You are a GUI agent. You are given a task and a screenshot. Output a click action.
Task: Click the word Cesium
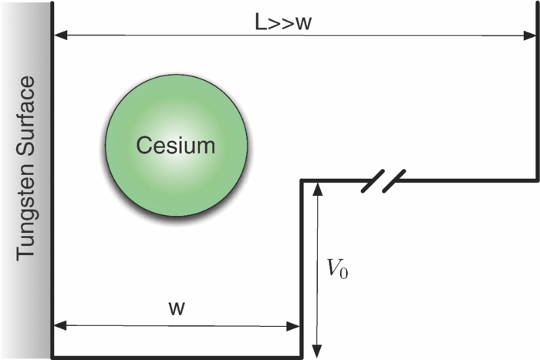click(176, 144)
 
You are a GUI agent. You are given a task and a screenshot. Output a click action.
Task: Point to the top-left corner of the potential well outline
click(52, 4)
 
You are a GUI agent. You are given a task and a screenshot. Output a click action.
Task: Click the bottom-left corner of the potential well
click(52, 357)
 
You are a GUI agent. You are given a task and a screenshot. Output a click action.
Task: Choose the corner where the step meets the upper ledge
click(302, 180)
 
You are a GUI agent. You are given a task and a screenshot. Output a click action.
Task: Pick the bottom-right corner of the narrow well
click(302, 357)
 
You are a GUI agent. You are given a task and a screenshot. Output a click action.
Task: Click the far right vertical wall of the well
click(537, 93)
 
